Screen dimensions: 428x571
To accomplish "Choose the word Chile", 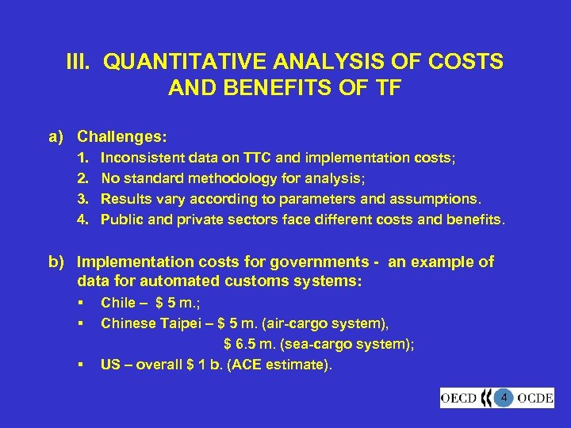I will point(119,303).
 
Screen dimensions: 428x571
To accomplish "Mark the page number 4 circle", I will point(502,397).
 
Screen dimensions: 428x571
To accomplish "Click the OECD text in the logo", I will point(460,398).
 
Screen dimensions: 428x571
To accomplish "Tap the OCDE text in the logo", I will point(535,398).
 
